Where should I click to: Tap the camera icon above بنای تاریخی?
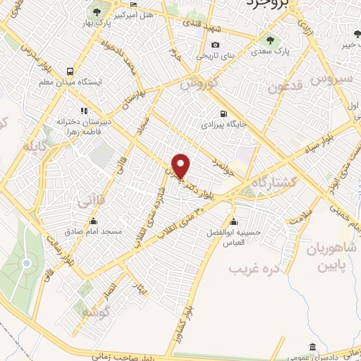215,45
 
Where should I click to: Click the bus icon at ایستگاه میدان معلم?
70,71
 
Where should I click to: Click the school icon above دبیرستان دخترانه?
84,110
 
